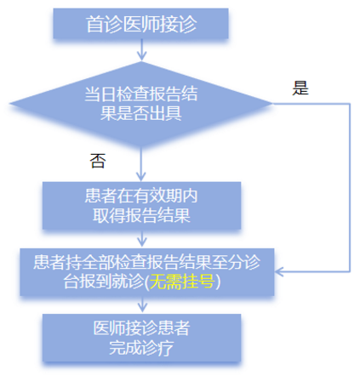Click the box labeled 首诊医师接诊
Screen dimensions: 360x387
coord(140,24)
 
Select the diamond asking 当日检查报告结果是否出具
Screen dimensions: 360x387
coord(141,104)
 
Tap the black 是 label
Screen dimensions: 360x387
coord(300,88)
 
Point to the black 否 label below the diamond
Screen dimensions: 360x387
coord(98,161)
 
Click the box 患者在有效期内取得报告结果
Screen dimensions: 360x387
coord(141,206)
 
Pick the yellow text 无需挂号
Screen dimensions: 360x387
coord(182,282)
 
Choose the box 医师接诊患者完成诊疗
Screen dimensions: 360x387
coord(141,338)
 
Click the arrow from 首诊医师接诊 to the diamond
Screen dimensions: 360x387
coord(141,49)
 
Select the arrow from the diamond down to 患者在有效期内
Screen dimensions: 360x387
coord(141,164)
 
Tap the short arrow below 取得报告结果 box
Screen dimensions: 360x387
coord(142,238)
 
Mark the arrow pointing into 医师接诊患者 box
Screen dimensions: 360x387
coord(142,304)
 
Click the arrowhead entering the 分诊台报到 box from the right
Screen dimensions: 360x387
coord(279,271)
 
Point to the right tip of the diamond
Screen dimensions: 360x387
coord(272,104)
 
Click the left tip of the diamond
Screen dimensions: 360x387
coord(10,104)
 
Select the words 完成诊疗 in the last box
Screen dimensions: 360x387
coord(141,348)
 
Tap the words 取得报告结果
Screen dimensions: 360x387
coord(141,215)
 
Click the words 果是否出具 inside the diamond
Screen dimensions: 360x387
coord(141,113)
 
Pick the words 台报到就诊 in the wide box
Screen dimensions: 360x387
coord(104,282)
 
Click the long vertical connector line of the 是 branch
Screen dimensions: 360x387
coord(350,188)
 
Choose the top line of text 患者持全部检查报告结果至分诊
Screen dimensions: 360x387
coord(146,262)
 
